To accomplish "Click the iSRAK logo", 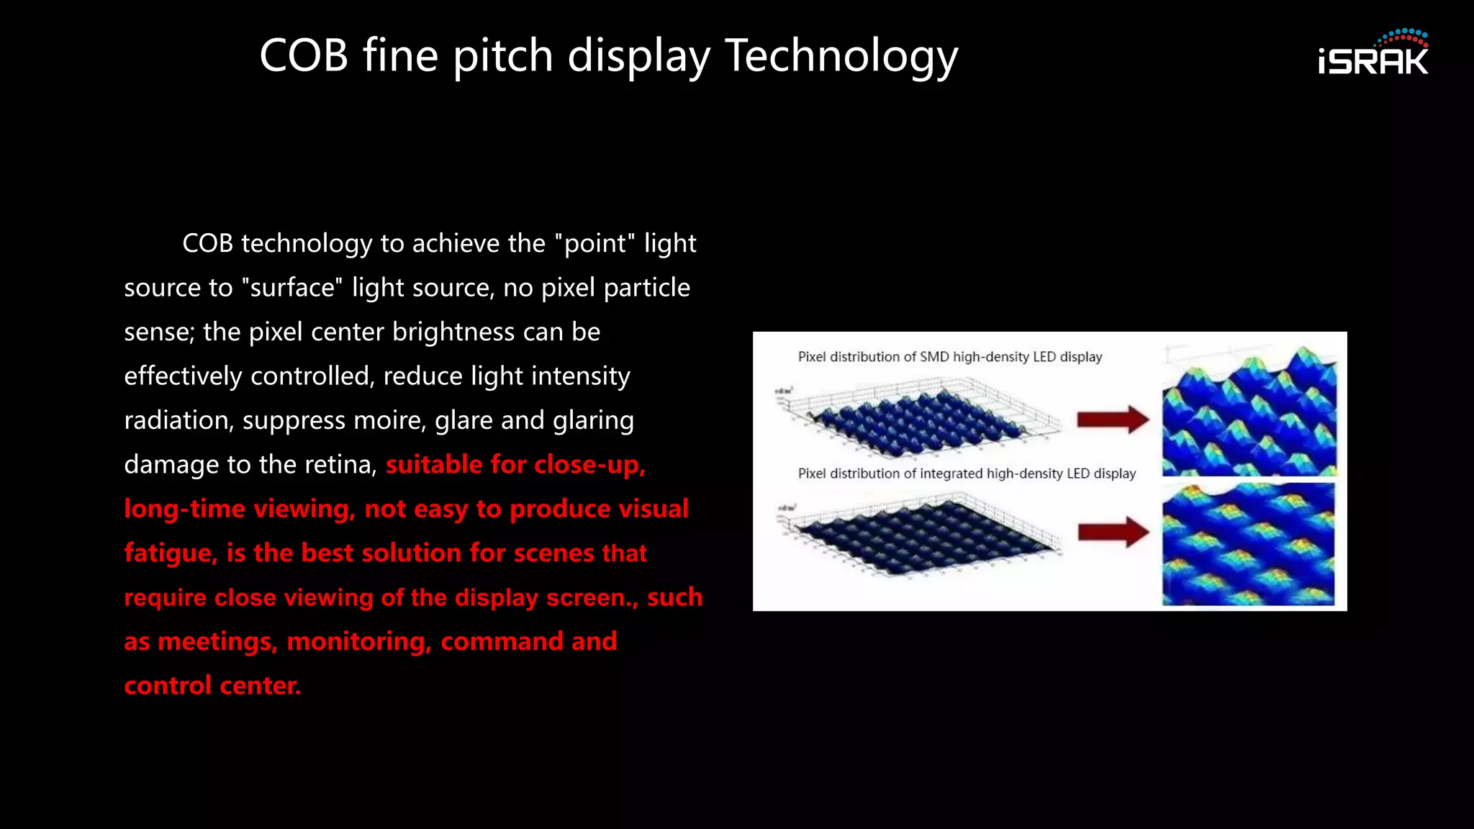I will click(1373, 54).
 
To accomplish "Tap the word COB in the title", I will click(304, 56).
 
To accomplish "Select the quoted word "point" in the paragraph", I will click(595, 243).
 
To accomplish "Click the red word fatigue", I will click(171, 553).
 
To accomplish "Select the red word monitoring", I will click(358, 642).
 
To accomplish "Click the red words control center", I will click(212, 686).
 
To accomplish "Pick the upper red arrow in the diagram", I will click(1113, 420).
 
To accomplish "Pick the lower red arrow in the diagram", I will click(1113, 533).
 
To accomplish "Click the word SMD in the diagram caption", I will click(934, 357).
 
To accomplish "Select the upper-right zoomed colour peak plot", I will click(1249, 412).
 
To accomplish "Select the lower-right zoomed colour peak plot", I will click(1248, 544).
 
